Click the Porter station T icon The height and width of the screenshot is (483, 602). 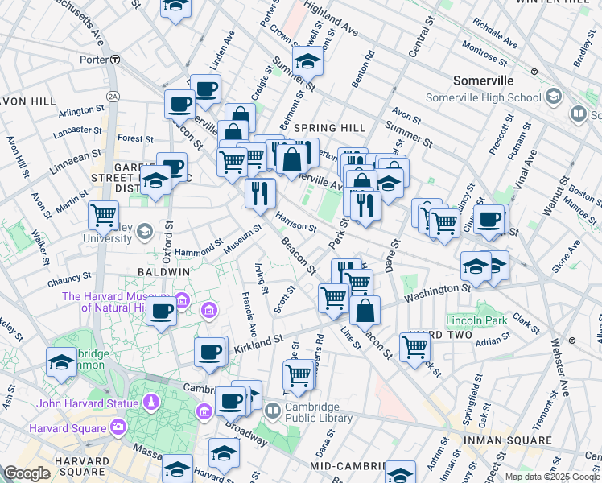click(x=115, y=59)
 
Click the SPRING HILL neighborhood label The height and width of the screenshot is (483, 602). click(x=329, y=128)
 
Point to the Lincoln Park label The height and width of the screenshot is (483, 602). click(x=476, y=320)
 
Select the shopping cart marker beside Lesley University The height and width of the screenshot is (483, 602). click(x=103, y=215)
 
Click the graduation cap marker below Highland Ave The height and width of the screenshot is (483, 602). click(x=307, y=60)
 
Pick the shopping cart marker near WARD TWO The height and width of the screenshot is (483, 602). click(x=414, y=347)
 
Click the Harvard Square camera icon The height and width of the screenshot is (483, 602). click(x=119, y=426)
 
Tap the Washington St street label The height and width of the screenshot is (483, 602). click(x=437, y=294)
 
